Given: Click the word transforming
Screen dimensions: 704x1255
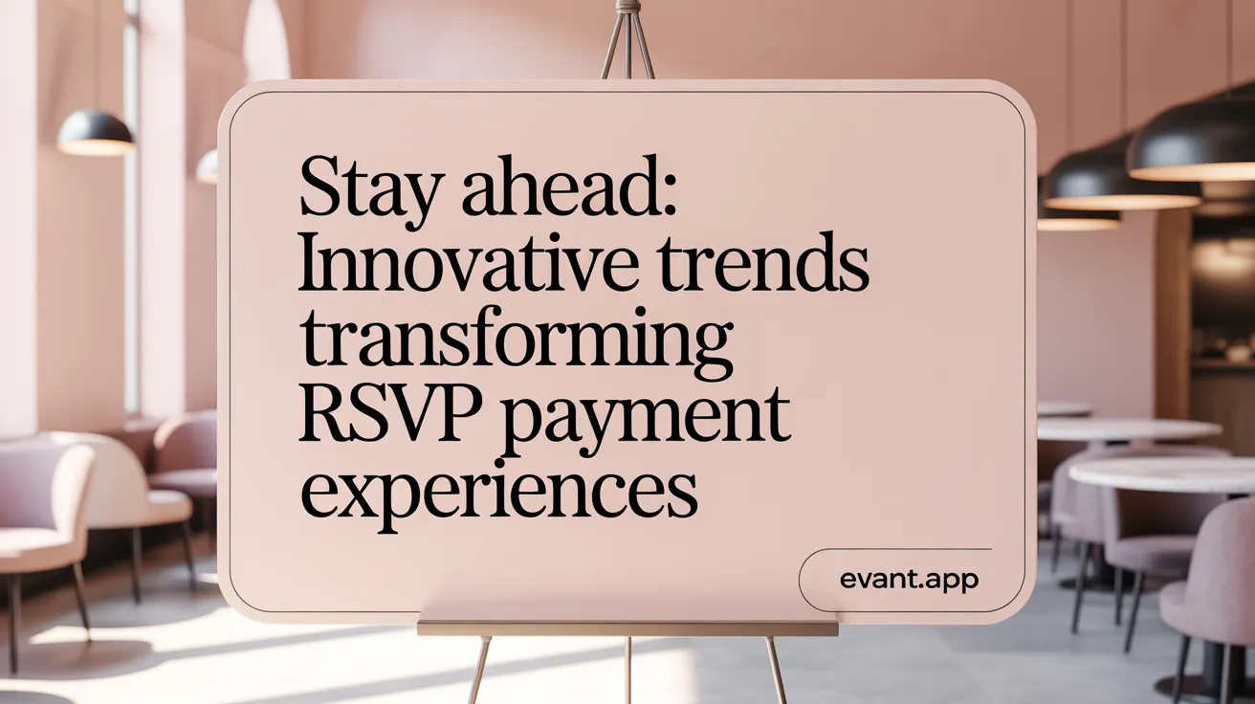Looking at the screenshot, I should [x=516, y=343].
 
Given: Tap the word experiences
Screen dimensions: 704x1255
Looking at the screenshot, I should [x=496, y=489].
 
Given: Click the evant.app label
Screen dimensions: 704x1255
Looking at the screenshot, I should [x=911, y=580].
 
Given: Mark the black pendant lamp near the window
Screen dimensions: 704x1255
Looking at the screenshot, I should [x=95, y=133].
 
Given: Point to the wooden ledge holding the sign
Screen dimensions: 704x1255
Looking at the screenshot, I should [x=627, y=628].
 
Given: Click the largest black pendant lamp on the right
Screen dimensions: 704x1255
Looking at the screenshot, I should [x=1193, y=143].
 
